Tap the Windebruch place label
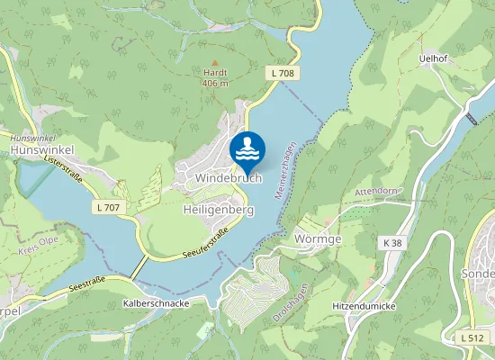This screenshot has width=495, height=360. click(x=228, y=179)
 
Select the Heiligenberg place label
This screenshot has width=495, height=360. click(x=218, y=210)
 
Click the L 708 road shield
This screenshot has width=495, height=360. click(x=283, y=72)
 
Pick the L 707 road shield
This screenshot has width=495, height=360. click(x=106, y=207)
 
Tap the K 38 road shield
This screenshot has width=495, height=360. click(x=391, y=243)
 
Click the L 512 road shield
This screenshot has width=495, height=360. click(x=470, y=337)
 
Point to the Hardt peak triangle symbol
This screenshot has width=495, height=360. click(x=213, y=61)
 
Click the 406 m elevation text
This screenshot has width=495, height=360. click(x=214, y=84)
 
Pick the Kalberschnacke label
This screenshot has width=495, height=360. click(x=157, y=304)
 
